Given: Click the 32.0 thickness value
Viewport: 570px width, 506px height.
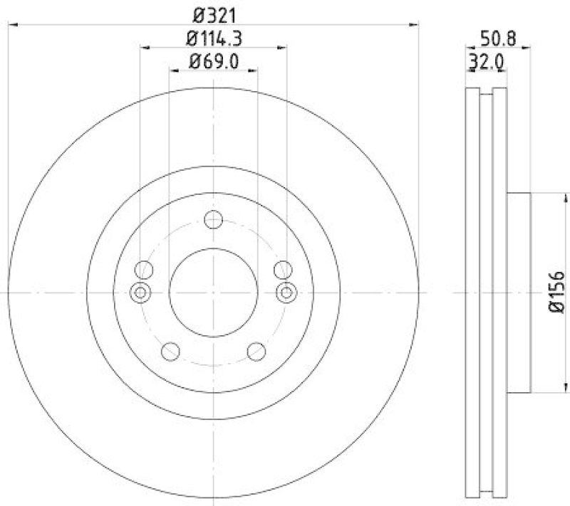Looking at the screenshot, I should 486,63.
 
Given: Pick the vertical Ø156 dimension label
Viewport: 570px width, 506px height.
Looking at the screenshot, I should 556,292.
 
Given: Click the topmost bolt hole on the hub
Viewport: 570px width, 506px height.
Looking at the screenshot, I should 213,220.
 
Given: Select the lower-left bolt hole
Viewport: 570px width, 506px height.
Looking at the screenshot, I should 170,351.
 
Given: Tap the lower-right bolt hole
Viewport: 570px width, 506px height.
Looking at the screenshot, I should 256,351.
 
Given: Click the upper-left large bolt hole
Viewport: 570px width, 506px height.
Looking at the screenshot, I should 144,269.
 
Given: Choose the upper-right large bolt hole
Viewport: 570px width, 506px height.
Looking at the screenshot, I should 283,269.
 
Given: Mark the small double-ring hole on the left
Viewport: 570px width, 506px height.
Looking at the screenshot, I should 140,292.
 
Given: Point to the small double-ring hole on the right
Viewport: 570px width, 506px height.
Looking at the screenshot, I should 286,292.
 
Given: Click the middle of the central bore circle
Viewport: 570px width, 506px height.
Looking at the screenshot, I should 213,292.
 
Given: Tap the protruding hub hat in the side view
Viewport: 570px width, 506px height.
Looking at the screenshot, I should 519,292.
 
